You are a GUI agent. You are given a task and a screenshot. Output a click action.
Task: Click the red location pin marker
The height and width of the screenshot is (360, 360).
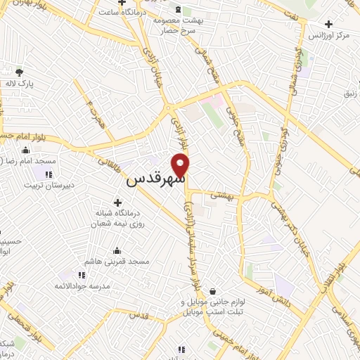click(181, 165)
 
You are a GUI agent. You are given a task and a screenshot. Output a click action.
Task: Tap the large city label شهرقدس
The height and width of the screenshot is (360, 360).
click(155, 179)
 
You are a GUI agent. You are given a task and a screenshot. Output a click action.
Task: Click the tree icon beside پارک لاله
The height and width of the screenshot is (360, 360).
click(19, 72)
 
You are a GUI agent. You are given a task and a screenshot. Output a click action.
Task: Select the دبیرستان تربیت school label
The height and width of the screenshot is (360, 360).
click(49, 186)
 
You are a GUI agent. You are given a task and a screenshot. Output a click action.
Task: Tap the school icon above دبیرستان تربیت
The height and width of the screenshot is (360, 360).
click(49, 174)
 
